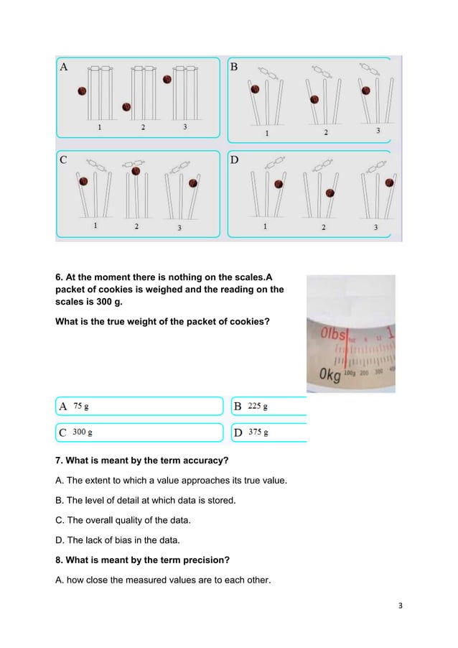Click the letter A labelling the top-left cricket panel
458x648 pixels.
[x=64, y=68]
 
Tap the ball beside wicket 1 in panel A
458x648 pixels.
[x=82, y=91]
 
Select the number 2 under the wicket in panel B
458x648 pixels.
[x=325, y=132]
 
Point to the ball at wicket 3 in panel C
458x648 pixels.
[x=192, y=182]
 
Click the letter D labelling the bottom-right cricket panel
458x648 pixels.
[x=234, y=160]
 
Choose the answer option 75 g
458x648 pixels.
[x=82, y=406]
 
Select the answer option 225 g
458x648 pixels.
[x=258, y=406]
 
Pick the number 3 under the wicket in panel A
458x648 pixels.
[x=186, y=127]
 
